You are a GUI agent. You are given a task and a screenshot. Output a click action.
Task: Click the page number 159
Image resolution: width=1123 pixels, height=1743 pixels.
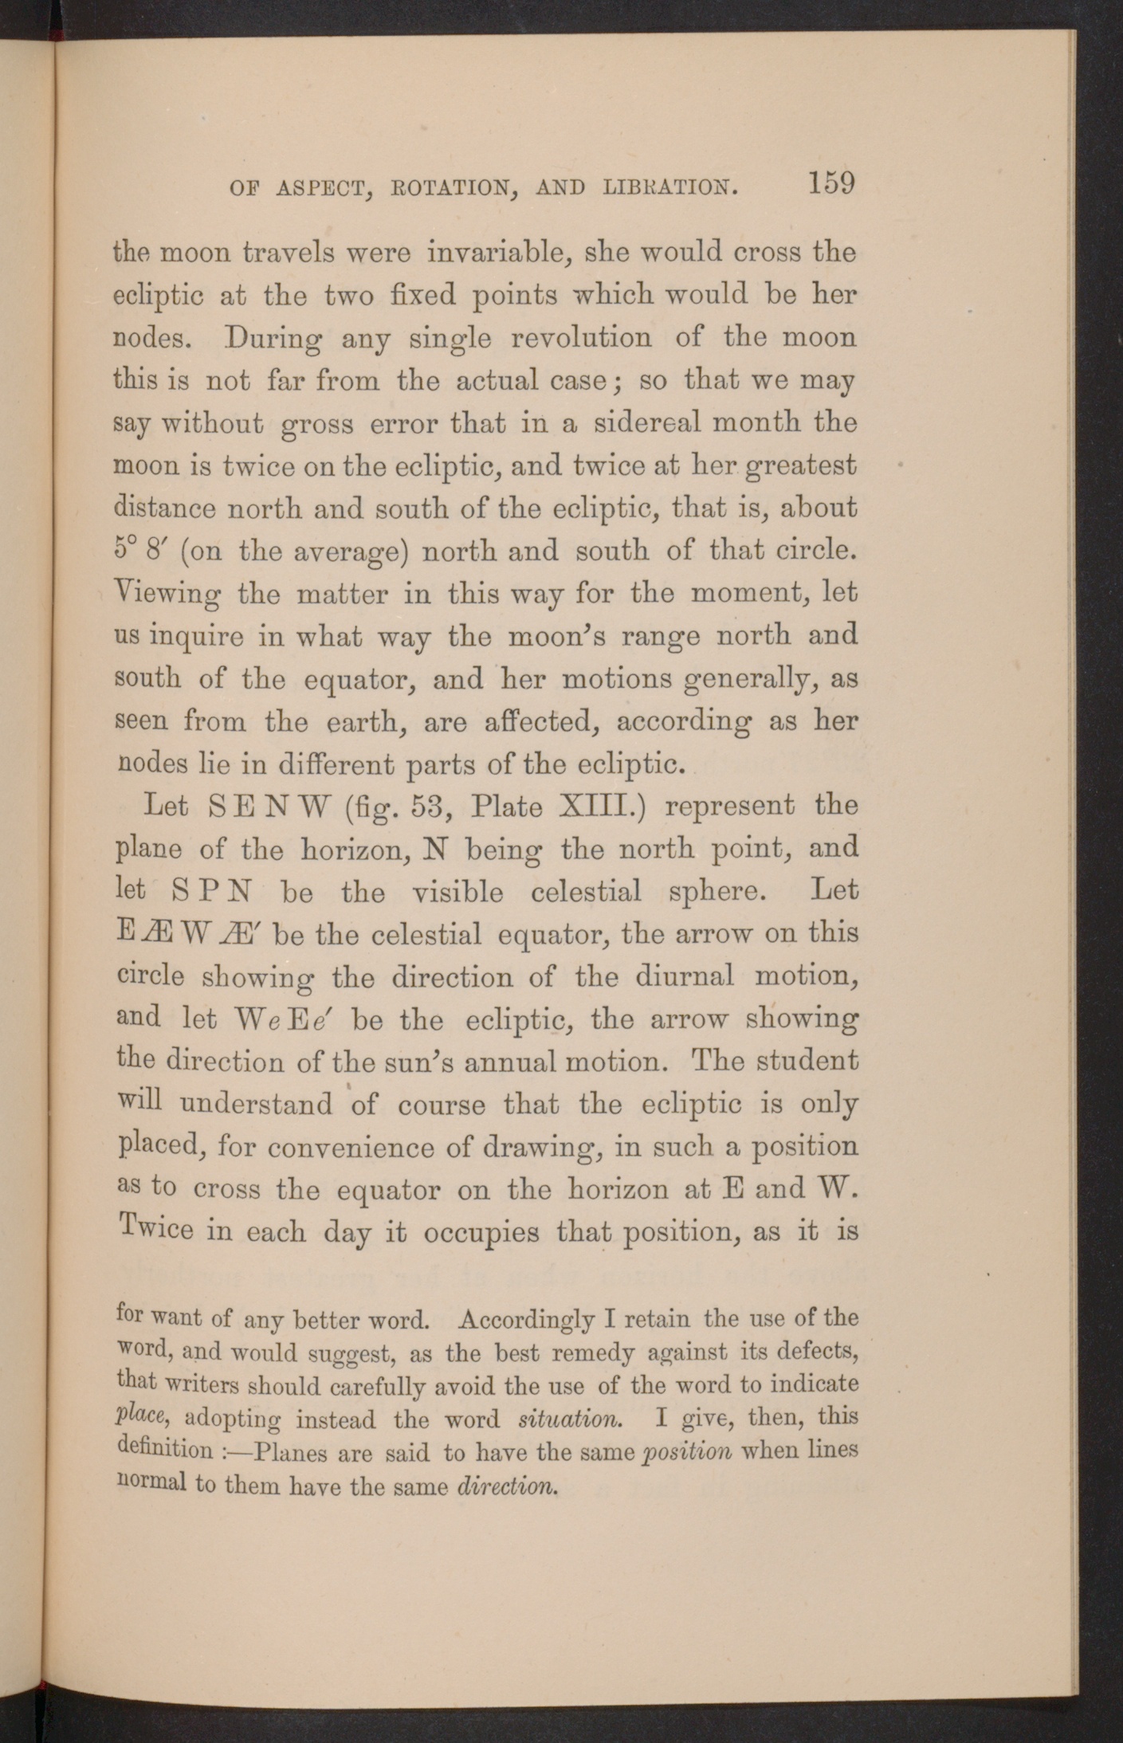pyautogui.click(x=830, y=183)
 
